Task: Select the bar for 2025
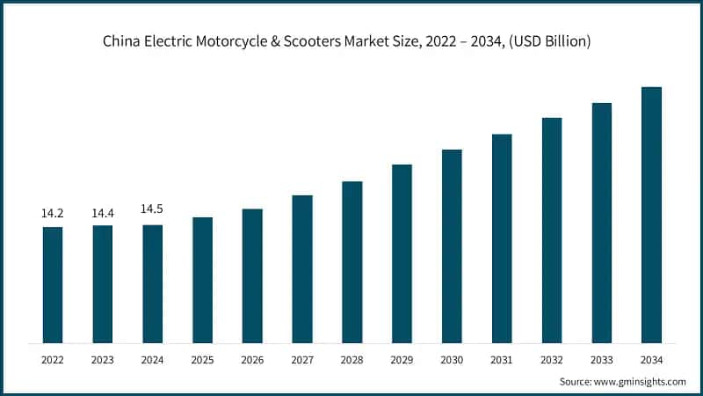[x=202, y=280]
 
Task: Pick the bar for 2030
[x=452, y=246]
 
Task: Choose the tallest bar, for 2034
[x=651, y=215]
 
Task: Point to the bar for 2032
[x=552, y=230]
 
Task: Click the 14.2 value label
[x=53, y=214]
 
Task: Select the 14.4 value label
[x=103, y=214]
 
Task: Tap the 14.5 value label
[x=152, y=209]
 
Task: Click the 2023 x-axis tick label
[x=103, y=359]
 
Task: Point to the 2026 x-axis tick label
[x=252, y=359]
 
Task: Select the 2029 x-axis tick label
[x=402, y=359]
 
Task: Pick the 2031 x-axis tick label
[x=502, y=359]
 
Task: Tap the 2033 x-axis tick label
[x=601, y=359]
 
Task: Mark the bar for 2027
[x=302, y=268]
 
